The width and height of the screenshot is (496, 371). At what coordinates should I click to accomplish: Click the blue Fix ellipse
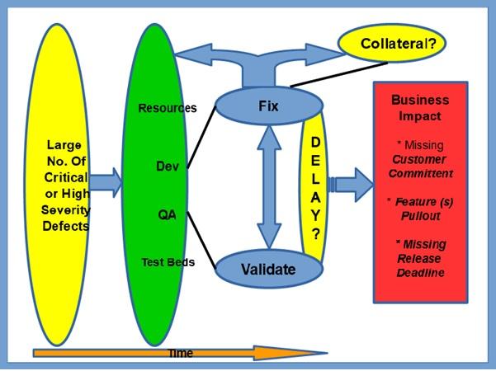click(x=267, y=106)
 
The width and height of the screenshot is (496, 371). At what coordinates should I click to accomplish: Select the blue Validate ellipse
click(x=267, y=268)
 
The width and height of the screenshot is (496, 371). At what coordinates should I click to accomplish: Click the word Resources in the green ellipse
click(x=168, y=108)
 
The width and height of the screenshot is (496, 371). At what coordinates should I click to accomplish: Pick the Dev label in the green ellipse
click(x=167, y=166)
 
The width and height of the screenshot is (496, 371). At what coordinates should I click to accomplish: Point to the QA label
click(x=167, y=214)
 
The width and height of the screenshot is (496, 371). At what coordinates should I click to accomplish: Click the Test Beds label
click(x=168, y=262)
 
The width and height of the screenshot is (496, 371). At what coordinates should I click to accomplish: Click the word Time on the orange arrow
click(x=180, y=353)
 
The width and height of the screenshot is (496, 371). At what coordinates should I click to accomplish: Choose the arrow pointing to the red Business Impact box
click(x=351, y=183)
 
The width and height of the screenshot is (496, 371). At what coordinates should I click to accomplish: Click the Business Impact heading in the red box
click(x=420, y=108)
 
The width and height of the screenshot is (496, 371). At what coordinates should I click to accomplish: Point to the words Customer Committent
click(x=422, y=166)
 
